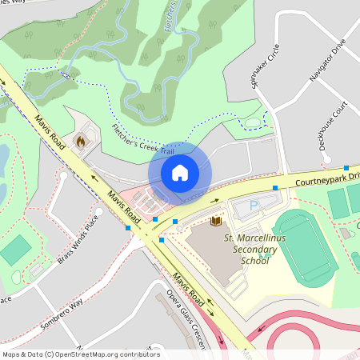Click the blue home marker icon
[180, 172]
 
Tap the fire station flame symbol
[80, 142]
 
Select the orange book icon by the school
[214, 220]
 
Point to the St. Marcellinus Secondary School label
[251, 249]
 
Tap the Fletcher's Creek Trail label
[142, 139]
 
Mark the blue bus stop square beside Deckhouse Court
[346, 168]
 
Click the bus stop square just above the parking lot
[274, 188]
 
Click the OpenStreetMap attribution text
[80, 354]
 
